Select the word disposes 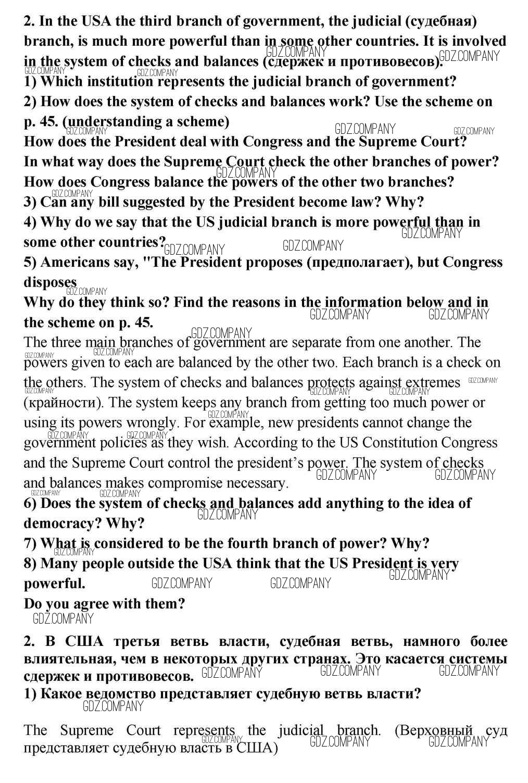50,282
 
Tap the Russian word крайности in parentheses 62,403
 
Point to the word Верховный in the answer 436,730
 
